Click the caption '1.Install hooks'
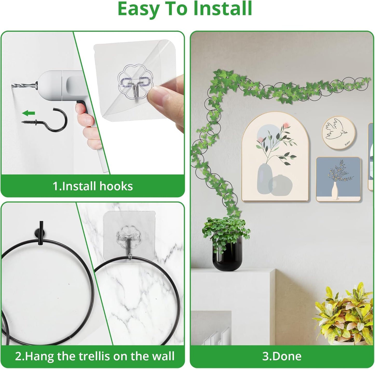pyautogui.click(x=93, y=186)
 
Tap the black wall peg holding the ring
pyautogui.click(x=40, y=229)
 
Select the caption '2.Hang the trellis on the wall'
pyautogui.click(x=95, y=356)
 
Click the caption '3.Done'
pyautogui.click(x=282, y=356)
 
